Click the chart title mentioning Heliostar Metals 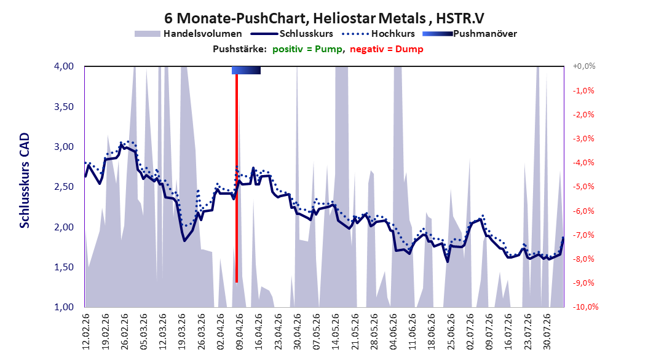pos(324,18)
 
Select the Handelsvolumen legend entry pos(188,34)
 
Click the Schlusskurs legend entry pos(292,34)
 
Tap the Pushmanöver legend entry pos(470,34)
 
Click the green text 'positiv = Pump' pos(307,49)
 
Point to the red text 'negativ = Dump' pos(387,49)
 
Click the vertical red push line pos(236,178)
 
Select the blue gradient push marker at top pos(246,70)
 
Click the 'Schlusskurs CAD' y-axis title pos(25,181)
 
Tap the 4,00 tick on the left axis pos(64,66)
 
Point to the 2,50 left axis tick pos(64,187)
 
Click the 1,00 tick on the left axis pos(64,307)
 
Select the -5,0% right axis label pos(583,187)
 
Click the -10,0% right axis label pos(585,307)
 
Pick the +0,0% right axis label pos(584,66)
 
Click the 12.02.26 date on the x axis pos(86,332)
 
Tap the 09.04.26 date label pos(239,332)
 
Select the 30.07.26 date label pos(547,332)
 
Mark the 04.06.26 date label pos(393,332)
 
